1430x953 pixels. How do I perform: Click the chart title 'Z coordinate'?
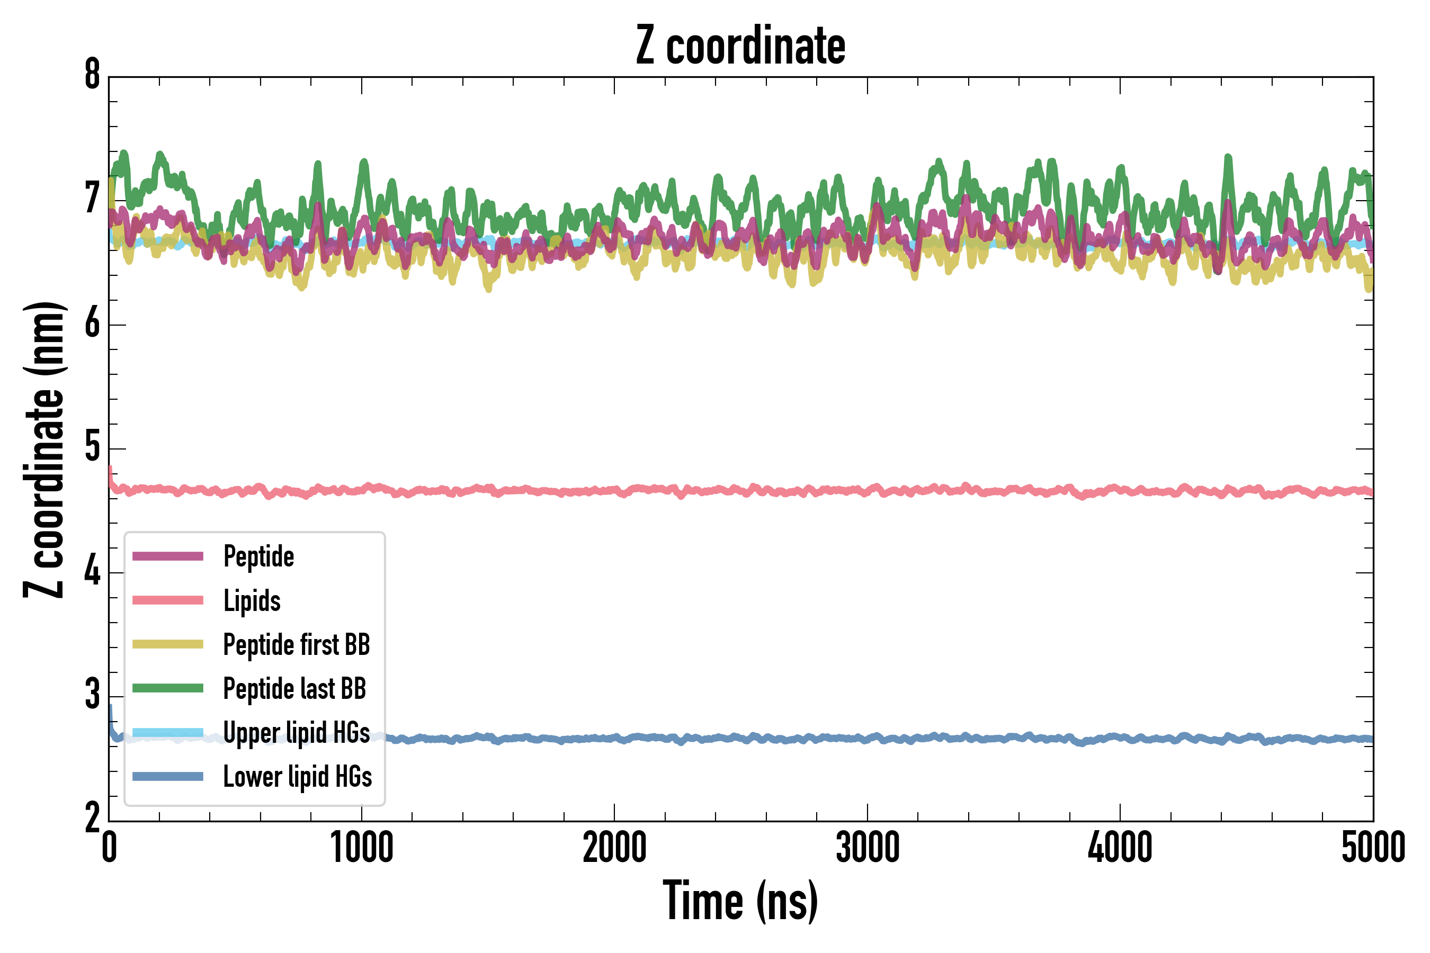[x=740, y=46]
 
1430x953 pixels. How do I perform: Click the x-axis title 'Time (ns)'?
[x=740, y=901]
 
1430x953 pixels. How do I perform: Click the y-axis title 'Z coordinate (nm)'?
[x=44, y=449]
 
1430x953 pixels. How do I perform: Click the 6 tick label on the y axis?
[x=92, y=323]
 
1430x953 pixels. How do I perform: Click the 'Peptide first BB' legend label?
[x=297, y=645]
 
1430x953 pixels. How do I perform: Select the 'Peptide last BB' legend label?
[x=294, y=689]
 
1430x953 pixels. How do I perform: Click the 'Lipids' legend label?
[x=252, y=600]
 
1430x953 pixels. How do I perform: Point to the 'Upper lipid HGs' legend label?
[x=297, y=732]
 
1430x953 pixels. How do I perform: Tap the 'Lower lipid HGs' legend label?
[x=297, y=777]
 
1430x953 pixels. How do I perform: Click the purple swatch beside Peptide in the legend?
[x=168, y=556]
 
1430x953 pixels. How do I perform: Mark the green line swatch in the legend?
[x=168, y=688]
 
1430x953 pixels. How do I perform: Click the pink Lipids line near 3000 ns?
[x=867, y=490]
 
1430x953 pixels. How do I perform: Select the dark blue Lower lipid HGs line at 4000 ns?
[x=1120, y=738]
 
